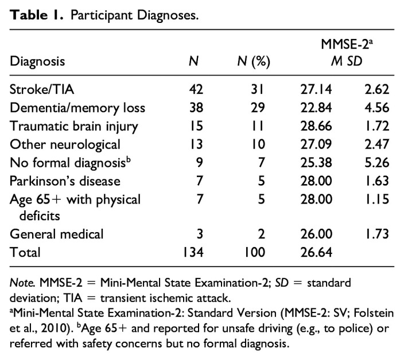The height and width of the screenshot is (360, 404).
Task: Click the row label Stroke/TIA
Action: pos(42,89)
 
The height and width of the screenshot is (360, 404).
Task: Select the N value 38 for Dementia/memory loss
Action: pos(196,108)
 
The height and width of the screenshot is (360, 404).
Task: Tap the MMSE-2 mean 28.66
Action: pos(316,126)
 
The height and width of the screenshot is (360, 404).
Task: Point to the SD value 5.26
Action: pos(376,163)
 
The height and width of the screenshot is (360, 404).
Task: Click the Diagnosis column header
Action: pos(37,62)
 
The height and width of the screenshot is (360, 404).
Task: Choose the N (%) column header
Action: pos(254,62)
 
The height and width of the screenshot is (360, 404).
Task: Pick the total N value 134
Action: pos(193,252)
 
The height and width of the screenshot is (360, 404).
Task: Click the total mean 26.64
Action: pos(316,252)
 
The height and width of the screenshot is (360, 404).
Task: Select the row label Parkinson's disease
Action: pos(65,181)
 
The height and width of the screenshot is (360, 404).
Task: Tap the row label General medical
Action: pos(56,234)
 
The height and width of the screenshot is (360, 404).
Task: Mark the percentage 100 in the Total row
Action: pos(255,252)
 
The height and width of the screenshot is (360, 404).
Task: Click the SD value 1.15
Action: pos(377,199)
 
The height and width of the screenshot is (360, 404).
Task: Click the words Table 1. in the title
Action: pos(37,15)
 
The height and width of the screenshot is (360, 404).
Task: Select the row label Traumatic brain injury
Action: pos(74,127)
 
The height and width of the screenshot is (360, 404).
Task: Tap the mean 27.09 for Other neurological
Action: pos(316,144)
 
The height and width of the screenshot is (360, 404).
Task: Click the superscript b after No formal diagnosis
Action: pos(129,159)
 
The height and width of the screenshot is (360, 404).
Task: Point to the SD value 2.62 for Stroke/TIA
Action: pos(376,89)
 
